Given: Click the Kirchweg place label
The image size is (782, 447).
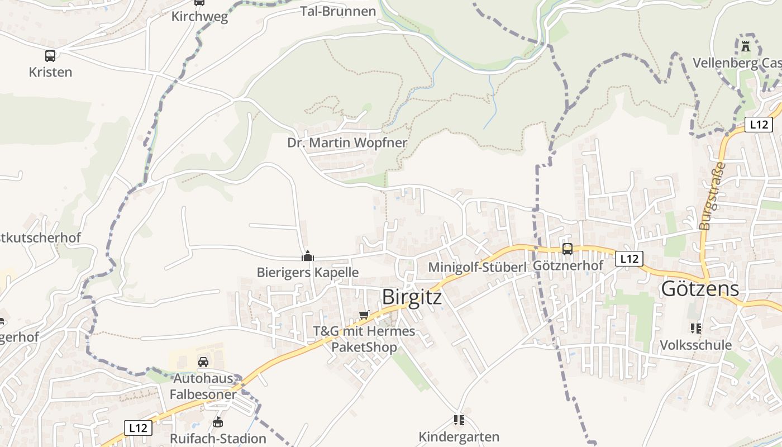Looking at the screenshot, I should pos(199,17).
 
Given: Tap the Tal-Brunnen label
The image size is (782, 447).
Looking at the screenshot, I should pos(338,11).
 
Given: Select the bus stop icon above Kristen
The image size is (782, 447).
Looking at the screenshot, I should pos(50,56).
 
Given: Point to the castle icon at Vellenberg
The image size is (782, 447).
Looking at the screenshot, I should pos(746,46).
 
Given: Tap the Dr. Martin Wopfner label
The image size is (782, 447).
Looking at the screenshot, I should pos(347,143).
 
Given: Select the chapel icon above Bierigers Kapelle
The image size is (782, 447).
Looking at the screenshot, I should pos(307,256).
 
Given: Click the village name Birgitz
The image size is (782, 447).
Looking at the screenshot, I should pos(412,297).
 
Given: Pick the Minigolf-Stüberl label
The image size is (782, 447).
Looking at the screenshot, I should pos(477,267).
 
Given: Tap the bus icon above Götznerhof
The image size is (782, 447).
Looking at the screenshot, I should pos(568,249).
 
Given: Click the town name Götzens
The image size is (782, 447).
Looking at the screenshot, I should pos(700,289).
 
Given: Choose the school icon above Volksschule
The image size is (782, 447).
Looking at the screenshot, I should pos(695,328).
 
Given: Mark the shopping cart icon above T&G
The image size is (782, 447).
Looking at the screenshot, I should pos(364,315).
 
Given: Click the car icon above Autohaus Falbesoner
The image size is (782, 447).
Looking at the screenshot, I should pos(203,362).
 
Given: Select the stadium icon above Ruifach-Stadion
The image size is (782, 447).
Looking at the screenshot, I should pos(218,422).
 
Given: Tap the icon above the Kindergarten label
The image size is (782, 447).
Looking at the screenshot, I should pos(459,420).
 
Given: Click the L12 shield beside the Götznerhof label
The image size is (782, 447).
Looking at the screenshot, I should pos(629,259).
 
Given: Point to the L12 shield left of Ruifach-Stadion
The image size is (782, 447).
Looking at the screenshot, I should pos(137,428).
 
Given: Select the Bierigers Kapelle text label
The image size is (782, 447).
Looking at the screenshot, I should pos(307,273).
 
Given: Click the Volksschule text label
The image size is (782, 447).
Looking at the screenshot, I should pos(695,345).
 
